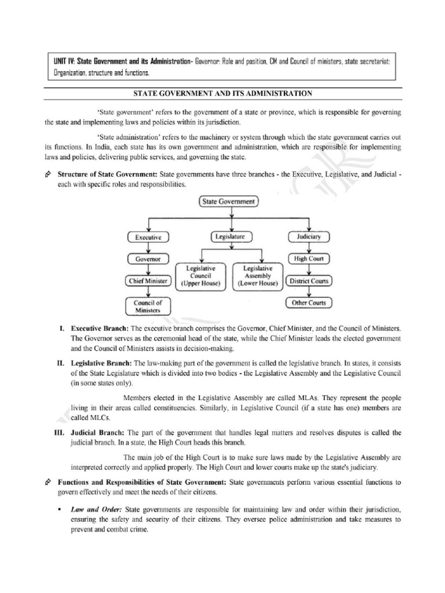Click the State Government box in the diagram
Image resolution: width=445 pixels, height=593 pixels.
click(x=229, y=202)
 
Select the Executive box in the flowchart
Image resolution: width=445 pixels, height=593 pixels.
click(x=148, y=237)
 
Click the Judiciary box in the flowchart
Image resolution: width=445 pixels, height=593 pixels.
click(x=309, y=236)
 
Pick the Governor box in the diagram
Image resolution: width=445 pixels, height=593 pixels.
click(x=148, y=259)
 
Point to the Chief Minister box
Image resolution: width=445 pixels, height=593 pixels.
click(x=148, y=281)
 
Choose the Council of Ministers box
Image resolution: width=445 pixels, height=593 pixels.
click(x=148, y=306)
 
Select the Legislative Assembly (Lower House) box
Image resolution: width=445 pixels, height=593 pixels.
click(x=257, y=276)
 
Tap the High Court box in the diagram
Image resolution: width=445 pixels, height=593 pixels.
click(x=309, y=259)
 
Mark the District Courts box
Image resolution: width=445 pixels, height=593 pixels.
click(x=309, y=281)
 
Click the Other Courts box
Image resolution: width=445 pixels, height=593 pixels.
click(x=309, y=303)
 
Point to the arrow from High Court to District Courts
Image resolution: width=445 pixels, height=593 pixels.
click(x=309, y=270)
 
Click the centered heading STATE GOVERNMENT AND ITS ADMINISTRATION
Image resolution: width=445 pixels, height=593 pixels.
click(x=222, y=93)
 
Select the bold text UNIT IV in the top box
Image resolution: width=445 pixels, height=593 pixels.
click(x=62, y=61)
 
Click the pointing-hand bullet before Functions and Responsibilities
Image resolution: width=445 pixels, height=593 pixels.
click(x=48, y=482)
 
